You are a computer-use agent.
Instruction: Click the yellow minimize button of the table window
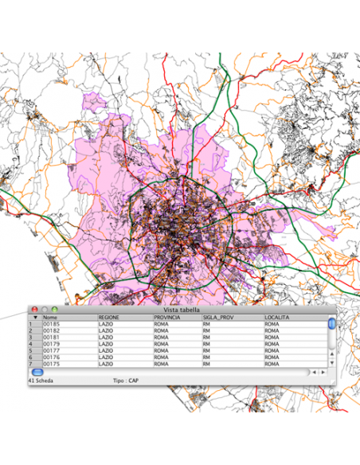45,309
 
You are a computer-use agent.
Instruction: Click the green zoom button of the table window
54,309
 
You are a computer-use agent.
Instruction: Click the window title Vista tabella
182,309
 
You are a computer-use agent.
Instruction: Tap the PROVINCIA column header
167,318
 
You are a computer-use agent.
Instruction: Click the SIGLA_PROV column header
218,318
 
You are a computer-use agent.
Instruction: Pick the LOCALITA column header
279,318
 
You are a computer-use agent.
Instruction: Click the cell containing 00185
52,325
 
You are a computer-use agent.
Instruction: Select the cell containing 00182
52,331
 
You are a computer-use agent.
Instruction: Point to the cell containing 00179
52,344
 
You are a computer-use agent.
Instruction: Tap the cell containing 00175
52,364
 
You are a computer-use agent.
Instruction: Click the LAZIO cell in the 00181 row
106,338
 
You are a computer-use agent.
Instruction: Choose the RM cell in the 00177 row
206,350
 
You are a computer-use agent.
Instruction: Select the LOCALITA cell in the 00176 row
272,358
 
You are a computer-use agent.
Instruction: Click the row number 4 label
30,344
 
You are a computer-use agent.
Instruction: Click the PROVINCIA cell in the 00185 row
162,325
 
